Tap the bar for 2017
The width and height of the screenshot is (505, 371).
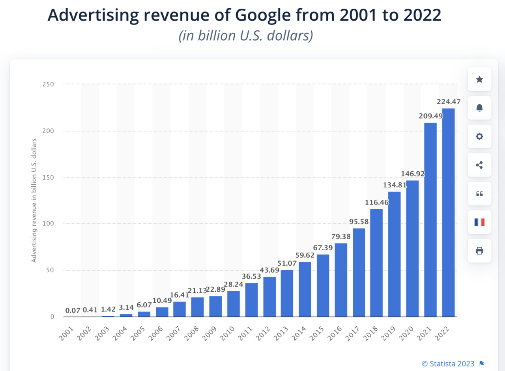pyautogui.click(x=359, y=272)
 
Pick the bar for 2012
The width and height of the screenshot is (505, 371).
pyautogui.click(x=269, y=296)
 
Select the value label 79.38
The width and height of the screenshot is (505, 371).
pyautogui.click(x=341, y=236)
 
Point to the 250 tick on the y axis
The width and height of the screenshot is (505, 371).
pyautogui.click(x=48, y=84)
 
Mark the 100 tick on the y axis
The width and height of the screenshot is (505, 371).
pyautogui.click(x=48, y=224)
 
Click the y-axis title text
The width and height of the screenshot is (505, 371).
pyautogui.click(x=34, y=200)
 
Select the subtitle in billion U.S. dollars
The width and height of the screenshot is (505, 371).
pyautogui.click(x=246, y=36)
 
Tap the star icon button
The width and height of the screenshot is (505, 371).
pyautogui.click(x=479, y=79)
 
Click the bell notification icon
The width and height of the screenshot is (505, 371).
pyautogui.click(x=479, y=108)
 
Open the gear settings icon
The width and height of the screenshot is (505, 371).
pyautogui.click(x=479, y=137)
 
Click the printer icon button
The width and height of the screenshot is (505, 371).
pyautogui.click(x=479, y=251)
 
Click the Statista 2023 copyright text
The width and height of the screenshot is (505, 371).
pyautogui.click(x=448, y=363)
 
